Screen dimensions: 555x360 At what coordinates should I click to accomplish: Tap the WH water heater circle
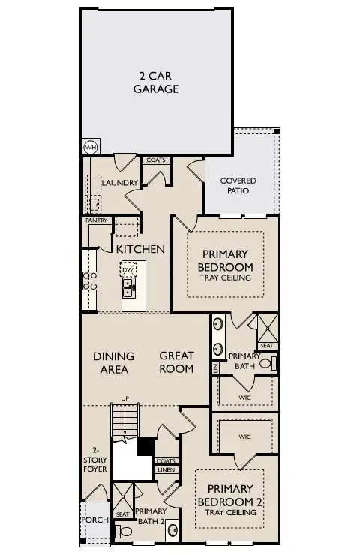tap(90, 147)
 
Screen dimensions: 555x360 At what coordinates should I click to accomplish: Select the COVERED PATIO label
tap(238, 186)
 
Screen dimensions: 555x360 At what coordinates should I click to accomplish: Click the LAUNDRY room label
tap(120, 183)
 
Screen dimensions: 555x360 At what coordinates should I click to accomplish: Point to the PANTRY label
tap(97, 220)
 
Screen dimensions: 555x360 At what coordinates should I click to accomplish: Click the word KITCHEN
tap(140, 248)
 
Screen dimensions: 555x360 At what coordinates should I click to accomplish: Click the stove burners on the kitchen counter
tap(89, 280)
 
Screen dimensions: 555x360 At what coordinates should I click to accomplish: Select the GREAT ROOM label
tap(176, 361)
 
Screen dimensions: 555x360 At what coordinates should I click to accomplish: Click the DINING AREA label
tap(113, 361)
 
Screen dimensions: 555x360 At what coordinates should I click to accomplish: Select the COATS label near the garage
tap(156, 160)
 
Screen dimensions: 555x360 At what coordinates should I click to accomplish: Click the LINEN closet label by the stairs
tap(165, 470)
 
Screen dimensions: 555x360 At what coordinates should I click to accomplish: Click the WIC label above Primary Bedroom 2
tap(244, 436)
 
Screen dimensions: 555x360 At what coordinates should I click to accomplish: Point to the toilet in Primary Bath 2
tap(126, 532)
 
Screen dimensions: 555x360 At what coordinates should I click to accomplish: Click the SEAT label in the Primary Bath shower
tap(266, 346)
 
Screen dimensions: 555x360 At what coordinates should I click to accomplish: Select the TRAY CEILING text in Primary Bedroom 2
tap(230, 513)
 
